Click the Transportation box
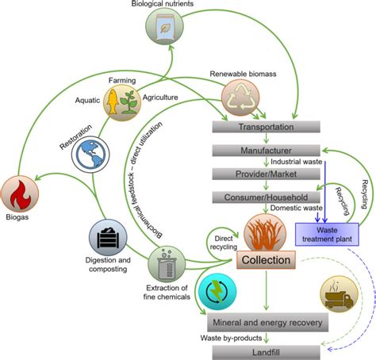[267, 127]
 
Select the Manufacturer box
[267, 151]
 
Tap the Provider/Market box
[267, 174]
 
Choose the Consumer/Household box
[267, 197]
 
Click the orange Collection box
[266, 260]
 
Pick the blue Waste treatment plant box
[327, 235]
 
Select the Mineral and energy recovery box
[267, 323]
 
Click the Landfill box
[267, 353]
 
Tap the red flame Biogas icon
[20, 194]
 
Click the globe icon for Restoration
[90, 155]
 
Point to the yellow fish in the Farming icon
[113, 101]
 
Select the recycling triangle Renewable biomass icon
[240, 98]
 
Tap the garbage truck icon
[340, 294]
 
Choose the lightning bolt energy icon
[217, 292]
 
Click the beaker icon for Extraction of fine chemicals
[167, 264]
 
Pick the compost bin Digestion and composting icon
[108, 237]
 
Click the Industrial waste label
[297, 162]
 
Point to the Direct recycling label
[224, 243]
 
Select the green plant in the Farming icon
[129, 102]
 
